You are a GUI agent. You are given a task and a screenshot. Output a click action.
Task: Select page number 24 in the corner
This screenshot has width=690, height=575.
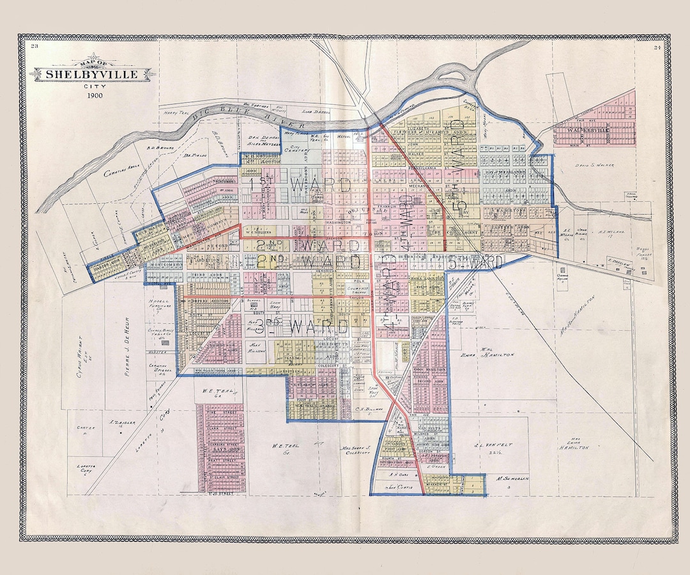click(657, 47)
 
